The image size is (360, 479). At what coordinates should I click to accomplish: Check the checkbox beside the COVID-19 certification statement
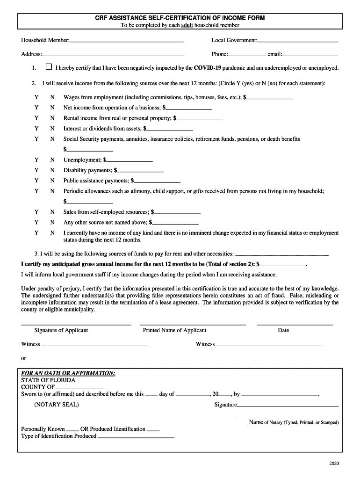pyautogui.click(x=49, y=67)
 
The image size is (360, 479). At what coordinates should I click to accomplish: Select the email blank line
pyautogui.click(x=310, y=55)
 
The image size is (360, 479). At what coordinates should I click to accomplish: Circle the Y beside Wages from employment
pyautogui.click(x=36, y=97)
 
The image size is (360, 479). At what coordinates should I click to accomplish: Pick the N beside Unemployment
pyautogui.click(x=53, y=160)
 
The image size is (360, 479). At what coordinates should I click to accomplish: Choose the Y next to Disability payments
pyautogui.click(x=36, y=170)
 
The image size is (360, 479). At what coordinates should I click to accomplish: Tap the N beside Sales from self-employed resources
pyautogui.click(x=53, y=212)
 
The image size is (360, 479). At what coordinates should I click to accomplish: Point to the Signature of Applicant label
pyautogui.click(x=61, y=330)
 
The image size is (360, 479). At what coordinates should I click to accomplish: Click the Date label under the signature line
pyautogui.click(x=283, y=330)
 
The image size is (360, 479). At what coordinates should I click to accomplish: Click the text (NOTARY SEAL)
pyautogui.click(x=57, y=405)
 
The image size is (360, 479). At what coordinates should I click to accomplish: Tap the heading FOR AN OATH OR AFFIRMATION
pyautogui.click(x=68, y=373)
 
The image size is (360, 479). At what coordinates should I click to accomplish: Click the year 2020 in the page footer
pyautogui.click(x=334, y=463)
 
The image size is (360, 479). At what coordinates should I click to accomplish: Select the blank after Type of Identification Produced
pyautogui.click(x=136, y=436)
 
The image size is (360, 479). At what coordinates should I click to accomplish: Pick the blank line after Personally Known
pyautogui.click(x=72, y=429)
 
